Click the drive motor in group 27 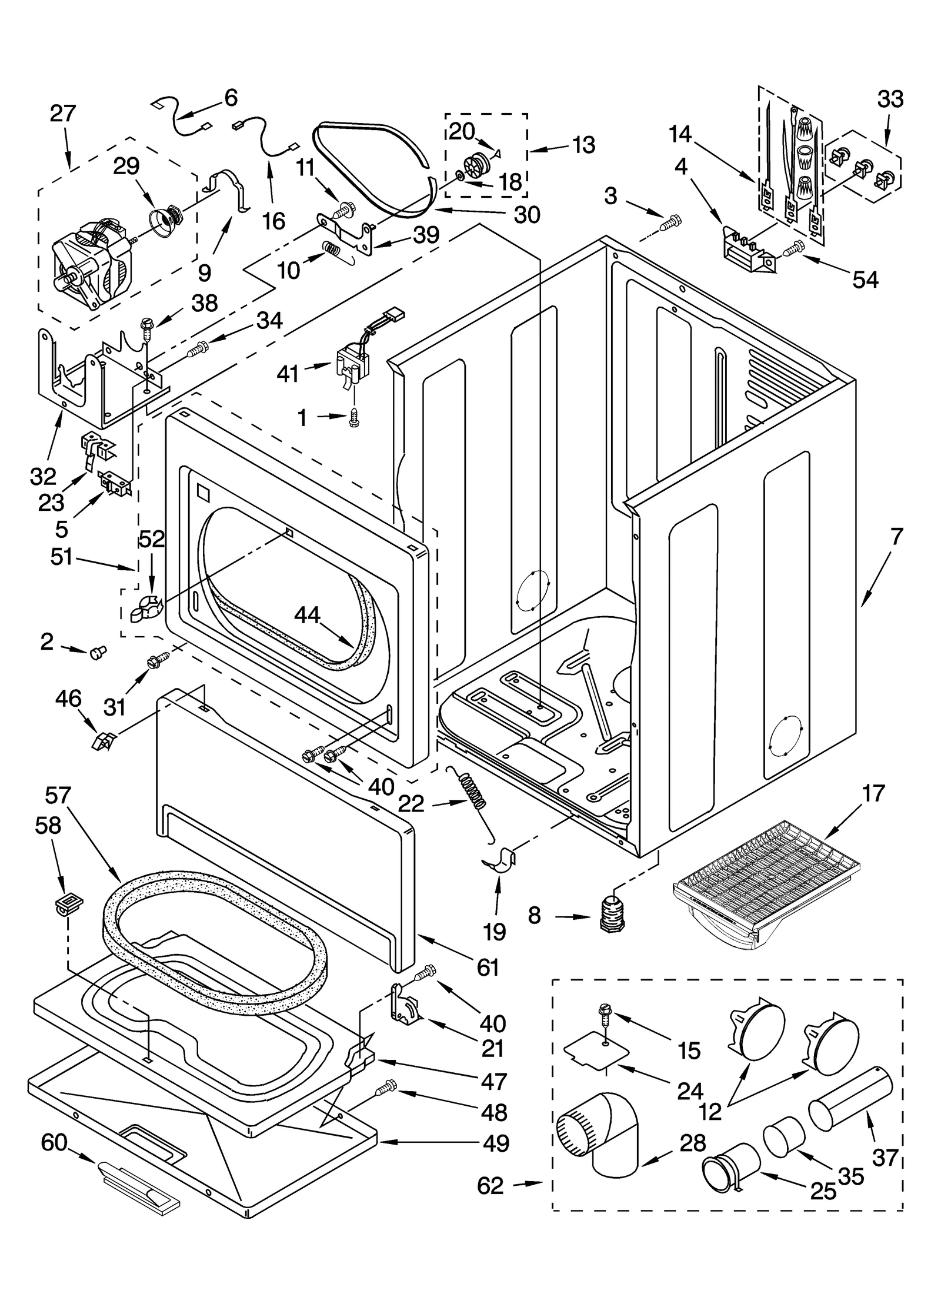(x=94, y=265)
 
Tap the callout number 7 (x=896, y=537)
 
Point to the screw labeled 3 (x=670, y=222)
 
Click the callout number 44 (x=307, y=616)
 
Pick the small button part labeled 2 (x=97, y=651)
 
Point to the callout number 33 (x=890, y=99)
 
